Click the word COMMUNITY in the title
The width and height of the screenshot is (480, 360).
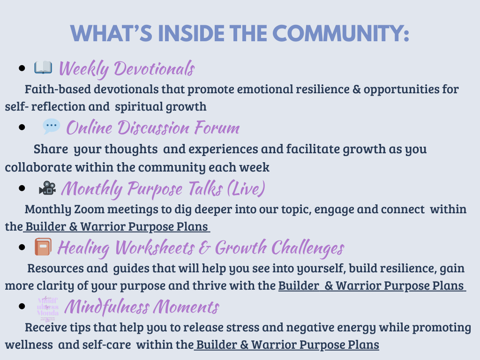pos(340,33)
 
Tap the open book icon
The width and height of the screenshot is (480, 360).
pos(43,67)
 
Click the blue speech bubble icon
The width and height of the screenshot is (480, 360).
pos(51,126)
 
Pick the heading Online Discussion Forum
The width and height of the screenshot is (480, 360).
pos(153,127)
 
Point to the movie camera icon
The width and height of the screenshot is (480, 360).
pos(47,188)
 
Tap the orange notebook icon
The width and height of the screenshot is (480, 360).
pos(43,247)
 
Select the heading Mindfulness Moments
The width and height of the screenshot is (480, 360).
pos(142,307)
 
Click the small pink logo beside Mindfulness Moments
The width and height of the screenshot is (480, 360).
pos(48,307)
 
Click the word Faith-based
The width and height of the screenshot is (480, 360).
pos(58,90)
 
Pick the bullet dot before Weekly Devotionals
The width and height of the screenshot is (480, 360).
pos(22,68)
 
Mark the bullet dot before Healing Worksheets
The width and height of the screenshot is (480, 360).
pos(22,247)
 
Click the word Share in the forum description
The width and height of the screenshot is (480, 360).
pos(51,149)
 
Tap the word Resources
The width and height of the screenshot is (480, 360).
pos(55,269)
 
